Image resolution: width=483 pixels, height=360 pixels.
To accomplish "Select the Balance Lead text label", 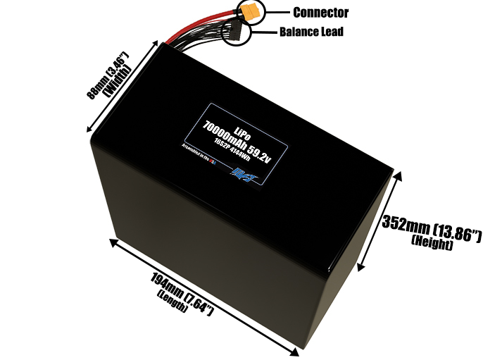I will [311, 32].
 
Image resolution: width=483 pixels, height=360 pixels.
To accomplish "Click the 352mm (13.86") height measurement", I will [431, 227].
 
